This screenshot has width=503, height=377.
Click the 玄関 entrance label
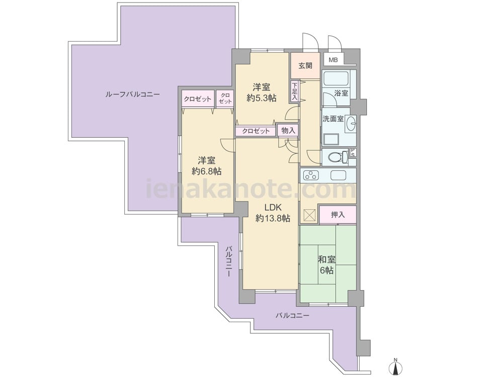(x=305, y=66)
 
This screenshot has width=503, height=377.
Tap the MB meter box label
(x=333, y=60)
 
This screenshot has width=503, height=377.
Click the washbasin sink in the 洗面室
(x=351, y=123)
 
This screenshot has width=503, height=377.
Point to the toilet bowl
(x=338, y=157)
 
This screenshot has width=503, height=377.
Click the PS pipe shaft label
(x=353, y=152)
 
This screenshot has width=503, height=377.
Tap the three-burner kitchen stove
(x=311, y=175)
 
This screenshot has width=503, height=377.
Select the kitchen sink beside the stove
(x=339, y=175)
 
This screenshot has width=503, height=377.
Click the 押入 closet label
(x=338, y=215)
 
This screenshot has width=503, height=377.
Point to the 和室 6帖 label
(x=326, y=264)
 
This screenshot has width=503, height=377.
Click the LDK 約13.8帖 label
(x=273, y=213)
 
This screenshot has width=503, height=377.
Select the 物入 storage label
(x=288, y=131)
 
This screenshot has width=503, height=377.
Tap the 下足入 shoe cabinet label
(x=294, y=91)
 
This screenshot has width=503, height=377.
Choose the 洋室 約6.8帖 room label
(x=206, y=166)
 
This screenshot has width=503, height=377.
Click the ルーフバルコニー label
(x=132, y=95)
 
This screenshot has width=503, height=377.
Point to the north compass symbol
(x=396, y=367)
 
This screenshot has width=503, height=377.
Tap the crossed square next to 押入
(x=309, y=215)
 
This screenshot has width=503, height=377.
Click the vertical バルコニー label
(x=229, y=261)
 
